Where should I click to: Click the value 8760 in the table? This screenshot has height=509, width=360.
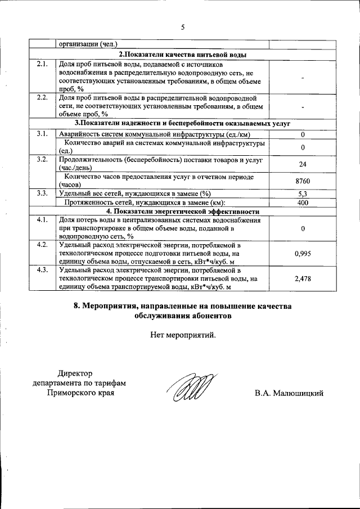click(x=303, y=181)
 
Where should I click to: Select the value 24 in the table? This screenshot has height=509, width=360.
click(x=303, y=164)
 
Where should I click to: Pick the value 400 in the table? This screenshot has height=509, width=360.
click(x=303, y=202)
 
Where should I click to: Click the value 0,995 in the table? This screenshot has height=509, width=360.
click(x=303, y=254)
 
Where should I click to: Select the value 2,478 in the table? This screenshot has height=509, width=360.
click(x=303, y=278)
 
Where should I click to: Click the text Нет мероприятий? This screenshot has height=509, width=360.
click(x=183, y=336)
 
